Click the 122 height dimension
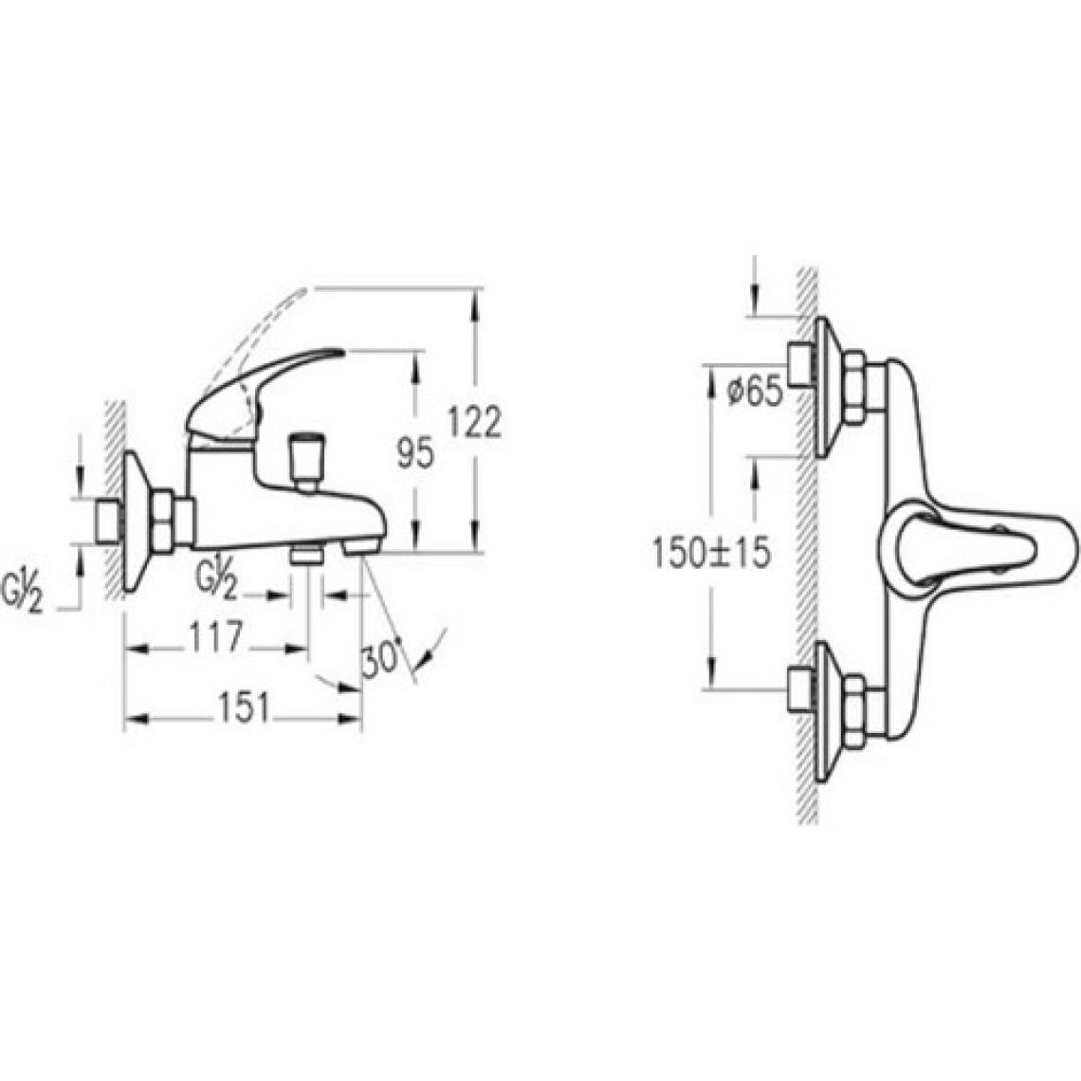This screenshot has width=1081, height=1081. (x=474, y=422)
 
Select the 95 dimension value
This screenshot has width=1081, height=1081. (x=415, y=453)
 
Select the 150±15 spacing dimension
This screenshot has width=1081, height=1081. (x=711, y=554)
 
